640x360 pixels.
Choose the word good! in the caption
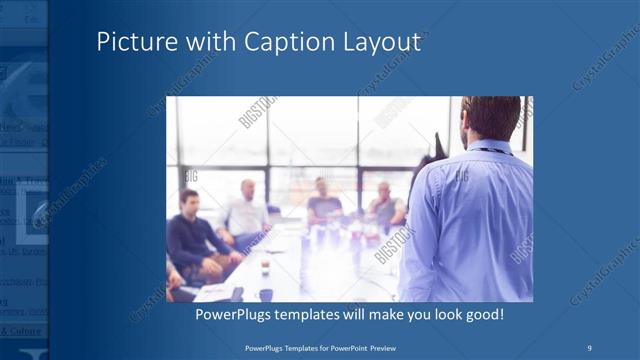481,314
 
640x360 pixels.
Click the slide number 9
589,347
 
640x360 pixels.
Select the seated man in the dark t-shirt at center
322,204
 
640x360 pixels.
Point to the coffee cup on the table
265,266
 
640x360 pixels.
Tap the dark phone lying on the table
237,293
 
